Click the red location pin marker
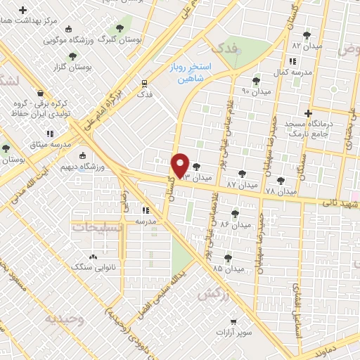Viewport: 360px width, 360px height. point(181,165)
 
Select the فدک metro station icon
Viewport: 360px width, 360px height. point(145,82)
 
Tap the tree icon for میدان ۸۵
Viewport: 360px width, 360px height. point(229,258)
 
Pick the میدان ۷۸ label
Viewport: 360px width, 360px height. point(281,191)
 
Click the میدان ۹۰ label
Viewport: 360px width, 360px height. point(256,92)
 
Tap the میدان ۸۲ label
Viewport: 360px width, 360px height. point(306,45)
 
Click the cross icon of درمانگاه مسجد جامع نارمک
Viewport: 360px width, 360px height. point(307,113)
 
